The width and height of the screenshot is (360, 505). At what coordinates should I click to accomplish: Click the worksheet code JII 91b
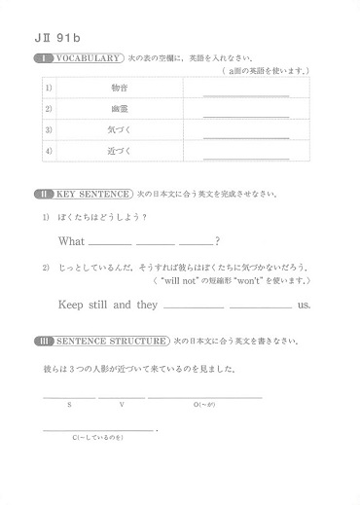coord(57,39)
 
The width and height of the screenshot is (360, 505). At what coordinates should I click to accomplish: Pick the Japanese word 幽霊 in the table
coord(122,110)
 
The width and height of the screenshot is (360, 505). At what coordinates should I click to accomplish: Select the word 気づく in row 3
coord(122,130)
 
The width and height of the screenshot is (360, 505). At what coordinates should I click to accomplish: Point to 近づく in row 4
coord(122,152)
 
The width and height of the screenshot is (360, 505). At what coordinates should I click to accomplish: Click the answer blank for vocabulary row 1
coord(245,93)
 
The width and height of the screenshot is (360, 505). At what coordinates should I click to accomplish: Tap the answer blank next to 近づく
coord(245,157)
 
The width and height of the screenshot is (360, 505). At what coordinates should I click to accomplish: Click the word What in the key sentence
coord(72,240)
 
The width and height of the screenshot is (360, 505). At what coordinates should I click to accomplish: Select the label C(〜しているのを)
coord(98,437)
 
